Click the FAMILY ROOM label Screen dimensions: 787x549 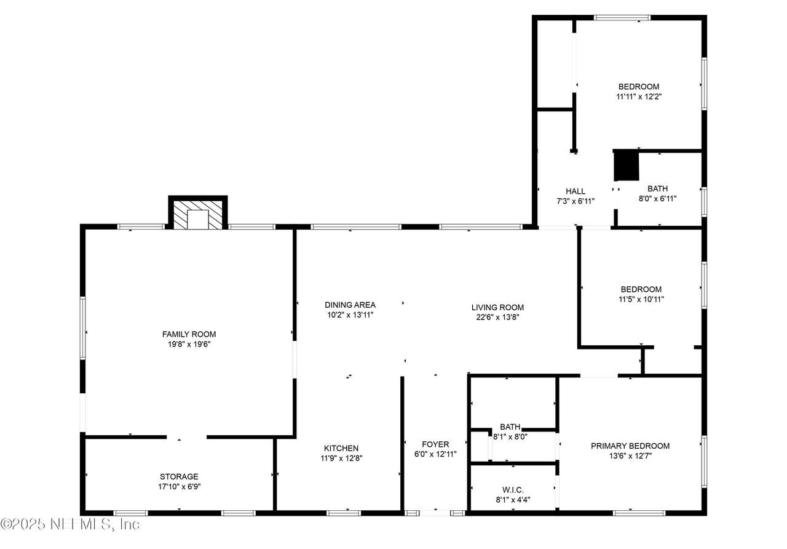tap(189, 334)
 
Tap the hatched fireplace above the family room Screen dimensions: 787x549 tap(198, 215)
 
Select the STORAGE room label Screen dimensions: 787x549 tap(179, 476)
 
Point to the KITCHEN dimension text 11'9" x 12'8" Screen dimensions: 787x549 tap(341, 459)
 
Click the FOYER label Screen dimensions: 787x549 tap(435, 444)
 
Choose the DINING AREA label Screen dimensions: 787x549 tap(350, 305)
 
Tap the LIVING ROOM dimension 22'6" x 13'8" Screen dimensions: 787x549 tap(497, 317)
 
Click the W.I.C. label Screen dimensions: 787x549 tap(513, 490)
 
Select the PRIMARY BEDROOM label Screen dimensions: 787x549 tap(630, 446)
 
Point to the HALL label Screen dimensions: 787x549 tap(575, 191)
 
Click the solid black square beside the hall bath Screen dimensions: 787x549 tap(626, 166)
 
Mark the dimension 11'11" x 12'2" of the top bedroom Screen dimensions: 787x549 tap(639, 97)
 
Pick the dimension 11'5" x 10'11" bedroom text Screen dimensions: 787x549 tap(641, 299)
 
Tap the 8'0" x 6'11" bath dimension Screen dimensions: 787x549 tap(657, 199)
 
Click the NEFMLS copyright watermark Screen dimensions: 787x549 tap(70, 524)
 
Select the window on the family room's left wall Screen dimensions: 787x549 tap(83, 328)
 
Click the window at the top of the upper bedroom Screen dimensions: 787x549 tap(622, 18)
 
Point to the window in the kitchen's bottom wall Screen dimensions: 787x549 tap(344, 513)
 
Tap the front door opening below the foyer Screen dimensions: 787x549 tap(435, 513)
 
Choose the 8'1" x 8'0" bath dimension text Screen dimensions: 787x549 tap(510, 437)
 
